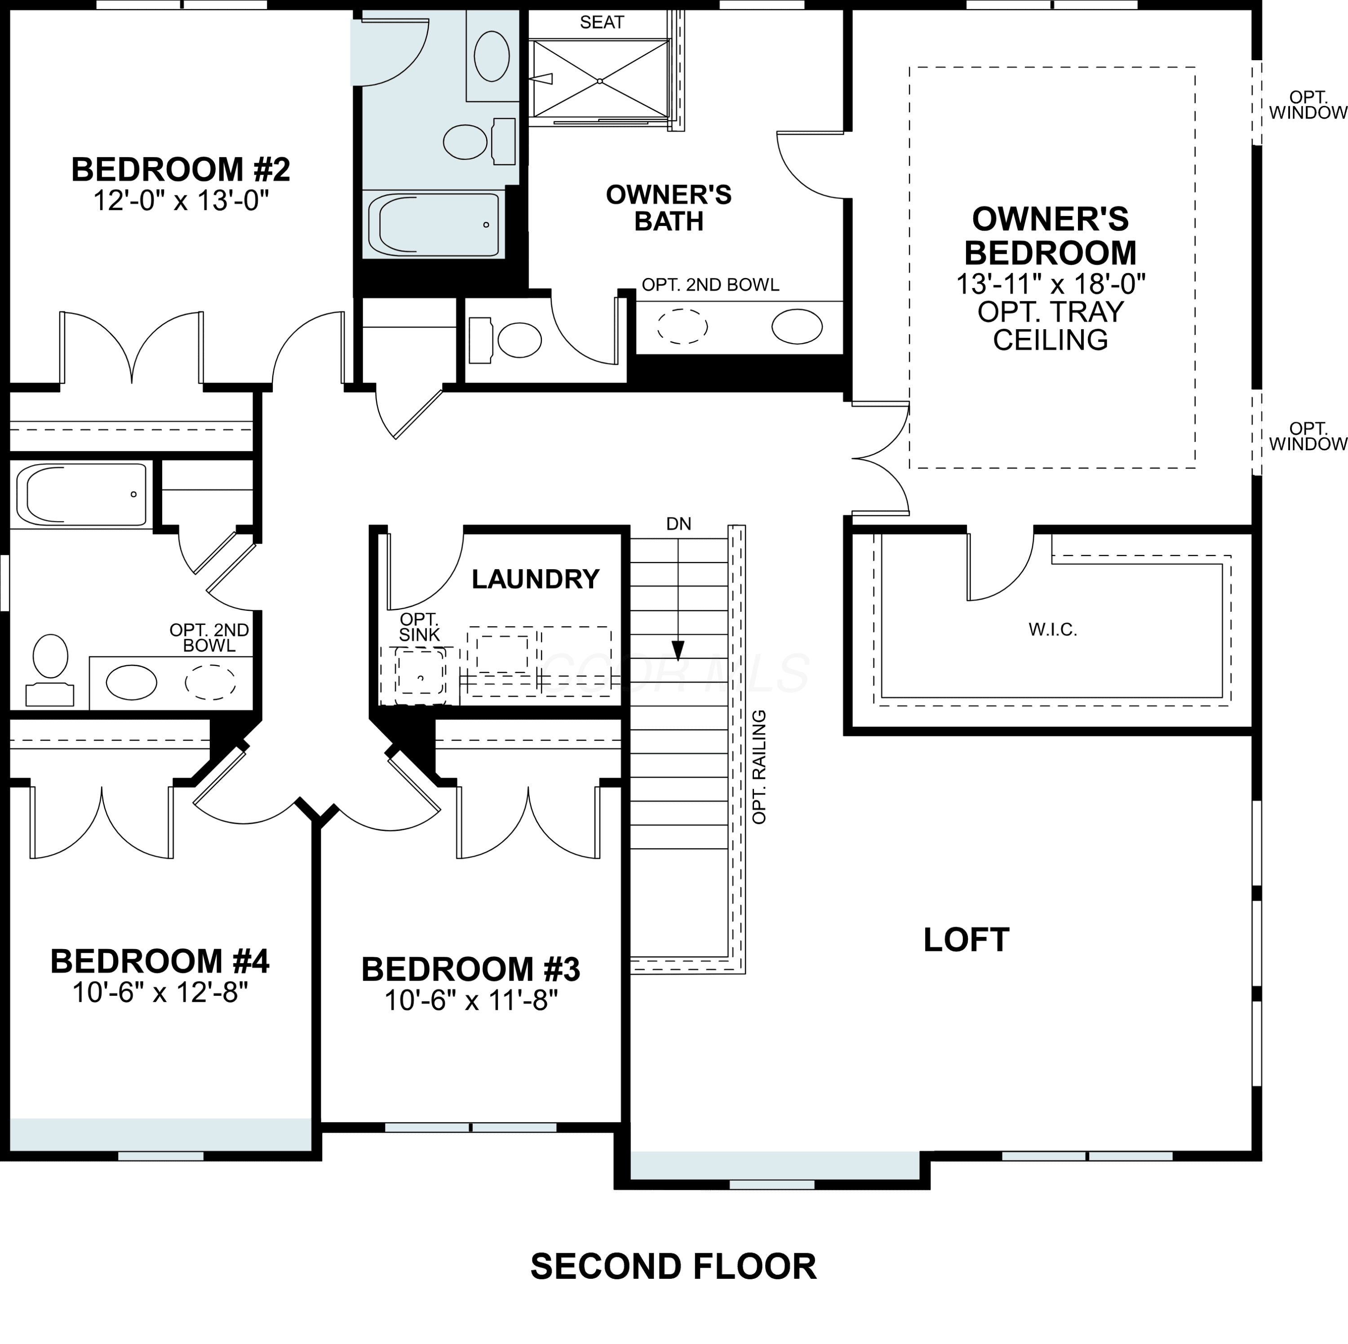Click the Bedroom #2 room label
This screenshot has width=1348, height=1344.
pyautogui.click(x=181, y=169)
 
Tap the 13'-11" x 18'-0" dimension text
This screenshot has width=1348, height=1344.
pyautogui.click(x=1051, y=284)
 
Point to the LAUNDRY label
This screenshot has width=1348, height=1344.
pyautogui.click(x=535, y=579)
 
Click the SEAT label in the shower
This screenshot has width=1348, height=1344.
pyautogui.click(x=602, y=22)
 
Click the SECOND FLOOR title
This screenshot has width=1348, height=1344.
pyautogui.click(x=673, y=1267)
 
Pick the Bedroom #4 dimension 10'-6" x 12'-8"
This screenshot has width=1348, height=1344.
pyautogui.click(x=160, y=992)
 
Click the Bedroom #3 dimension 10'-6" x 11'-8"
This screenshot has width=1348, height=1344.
pyautogui.click(x=471, y=1001)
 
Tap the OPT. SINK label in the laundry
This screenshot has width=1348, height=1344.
pyautogui.click(x=419, y=627)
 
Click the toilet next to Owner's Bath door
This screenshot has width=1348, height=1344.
pyautogui.click(x=505, y=340)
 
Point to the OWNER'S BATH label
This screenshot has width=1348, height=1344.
pyautogui.click(x=669, y=208)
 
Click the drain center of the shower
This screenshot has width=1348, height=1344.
pyautogui.click(x=600, y=81)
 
